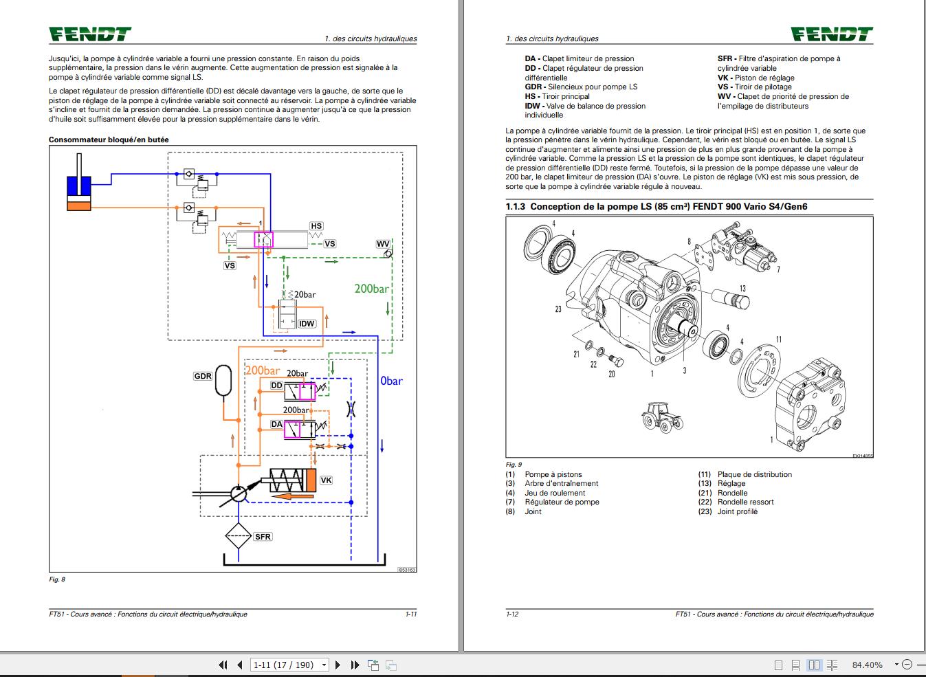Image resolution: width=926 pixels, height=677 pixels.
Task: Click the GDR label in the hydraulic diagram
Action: pyautogui.click(x=203, y=376)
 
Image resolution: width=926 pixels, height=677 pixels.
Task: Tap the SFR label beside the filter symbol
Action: pyautogui.click(x=263, y=536)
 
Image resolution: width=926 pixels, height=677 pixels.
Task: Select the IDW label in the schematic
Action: pyautogui.click(x=307, y=324)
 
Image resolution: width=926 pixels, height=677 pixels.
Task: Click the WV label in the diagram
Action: pyautogui.click(x=383, y=244)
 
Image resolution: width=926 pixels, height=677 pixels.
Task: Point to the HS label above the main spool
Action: pyautogui.click(x=316, y=226)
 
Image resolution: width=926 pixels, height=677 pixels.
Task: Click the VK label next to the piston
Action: pyautogui.click(x=327, y=480)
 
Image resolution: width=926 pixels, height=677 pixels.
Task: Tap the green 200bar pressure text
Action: pyautogui.click(x=371, y=289)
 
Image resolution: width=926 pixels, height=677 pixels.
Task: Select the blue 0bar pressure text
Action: pyautogui.click(x=391, y=381)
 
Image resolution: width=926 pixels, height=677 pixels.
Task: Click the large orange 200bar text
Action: pyautogui.click(x=263, y=370)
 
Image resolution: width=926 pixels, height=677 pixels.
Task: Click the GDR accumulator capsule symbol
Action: pyautogui.click(x=224, y=381)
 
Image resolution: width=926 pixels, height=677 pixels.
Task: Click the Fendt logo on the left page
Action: pyautogui.click(x=89, y=34)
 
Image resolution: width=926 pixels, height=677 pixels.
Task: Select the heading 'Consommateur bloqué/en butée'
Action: pyautogui.click(x=109, y=140)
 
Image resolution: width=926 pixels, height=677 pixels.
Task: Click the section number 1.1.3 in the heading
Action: pyautogui.click(x=515, y=206)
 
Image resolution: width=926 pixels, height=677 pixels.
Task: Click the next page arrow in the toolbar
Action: pyautogui.click(x=338, y=665)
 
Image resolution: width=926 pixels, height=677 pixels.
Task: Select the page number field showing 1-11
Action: pyautogui.click(x=283, y=665)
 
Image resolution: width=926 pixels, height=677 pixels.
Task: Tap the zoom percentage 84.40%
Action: pyautogui.click(x=867, y=665)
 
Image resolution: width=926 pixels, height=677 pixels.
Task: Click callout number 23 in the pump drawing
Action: pyautogui.click(x=558, y=309)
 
